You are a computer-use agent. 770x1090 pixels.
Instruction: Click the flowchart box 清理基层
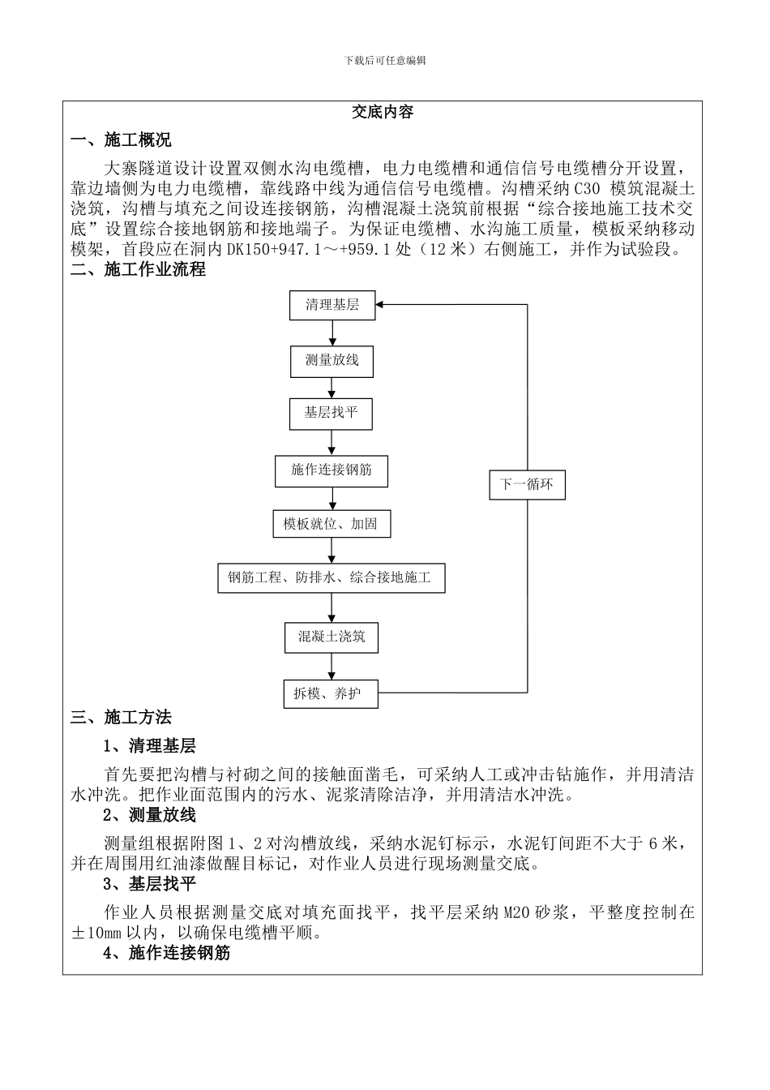pyautogui.click(x=332, y=305)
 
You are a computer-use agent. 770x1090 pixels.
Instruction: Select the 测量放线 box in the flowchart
pyautogui.click(x=332, y=360)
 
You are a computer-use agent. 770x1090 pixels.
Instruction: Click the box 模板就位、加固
pyautogui.click(x=330, y=524)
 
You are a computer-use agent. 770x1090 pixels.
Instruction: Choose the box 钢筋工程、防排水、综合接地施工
pyautogui.click(x=331, y=578)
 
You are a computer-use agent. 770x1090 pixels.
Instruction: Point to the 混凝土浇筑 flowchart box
pyautogui.click(x=331, y=637)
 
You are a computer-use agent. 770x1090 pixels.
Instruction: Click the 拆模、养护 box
pyautogui.click(x=330, y=693)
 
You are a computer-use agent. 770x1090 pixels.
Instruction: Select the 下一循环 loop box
pyautogui.click(x=527, y=485)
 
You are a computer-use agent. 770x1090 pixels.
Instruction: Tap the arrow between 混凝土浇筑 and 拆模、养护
pyautogui.click(x=331, y=666)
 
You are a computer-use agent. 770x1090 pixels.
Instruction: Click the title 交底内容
pyautogui.click(x=383, y=113)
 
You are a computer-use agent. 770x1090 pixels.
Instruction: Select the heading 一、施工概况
pyautogui.click(x=122, y=140)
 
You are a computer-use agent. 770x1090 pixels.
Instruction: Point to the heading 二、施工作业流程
pyautogui.click(x=139, y=269)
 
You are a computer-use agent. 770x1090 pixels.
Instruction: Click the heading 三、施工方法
pyautogui.click(x=122, y=717)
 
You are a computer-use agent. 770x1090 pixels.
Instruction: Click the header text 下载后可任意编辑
pyautogui.click(x=385, y=61)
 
